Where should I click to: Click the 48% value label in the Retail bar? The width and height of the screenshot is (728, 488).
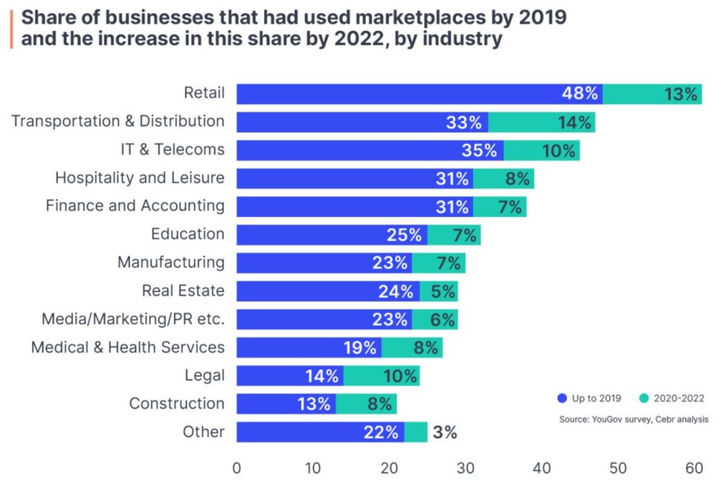[x=581, y=94]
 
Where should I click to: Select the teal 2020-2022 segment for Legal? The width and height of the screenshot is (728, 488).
[x=381, y=376]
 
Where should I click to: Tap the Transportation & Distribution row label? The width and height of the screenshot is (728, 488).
[x=117, y=121]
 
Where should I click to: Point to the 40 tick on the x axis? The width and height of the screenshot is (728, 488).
[x=542, y=469]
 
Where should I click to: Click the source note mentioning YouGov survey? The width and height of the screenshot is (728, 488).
[x=633, y=419]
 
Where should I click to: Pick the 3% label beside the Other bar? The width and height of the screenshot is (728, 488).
[x=444, y=432]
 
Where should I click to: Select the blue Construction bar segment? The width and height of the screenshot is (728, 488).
[x=286, y=404]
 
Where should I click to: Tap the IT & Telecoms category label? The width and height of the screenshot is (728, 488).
[x=172, y=150]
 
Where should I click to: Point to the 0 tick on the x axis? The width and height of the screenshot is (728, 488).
[x=237, y=469]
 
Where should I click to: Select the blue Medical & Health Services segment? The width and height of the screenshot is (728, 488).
[x=308, y=347]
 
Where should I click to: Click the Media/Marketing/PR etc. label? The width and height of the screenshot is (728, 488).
[x=133, y=320]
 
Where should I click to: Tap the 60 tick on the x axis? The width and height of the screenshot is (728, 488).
[x=694, y=469]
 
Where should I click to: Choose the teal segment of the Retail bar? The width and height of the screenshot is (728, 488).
[x=652, y=94]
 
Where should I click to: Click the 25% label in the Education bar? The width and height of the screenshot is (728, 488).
[x=405, y=235]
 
